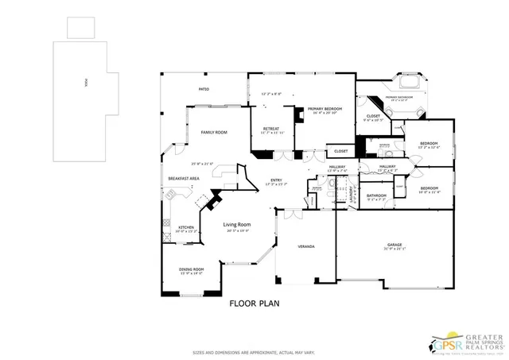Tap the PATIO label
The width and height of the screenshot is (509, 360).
204,89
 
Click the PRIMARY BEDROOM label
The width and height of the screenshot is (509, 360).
326,108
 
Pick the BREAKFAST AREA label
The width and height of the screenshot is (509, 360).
183,178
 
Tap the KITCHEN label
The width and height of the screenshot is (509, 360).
186,227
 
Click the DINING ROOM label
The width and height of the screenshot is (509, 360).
191,269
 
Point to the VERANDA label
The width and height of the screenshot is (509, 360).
306,247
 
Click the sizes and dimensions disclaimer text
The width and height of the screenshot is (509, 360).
254,352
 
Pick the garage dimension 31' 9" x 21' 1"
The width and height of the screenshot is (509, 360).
395,250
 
